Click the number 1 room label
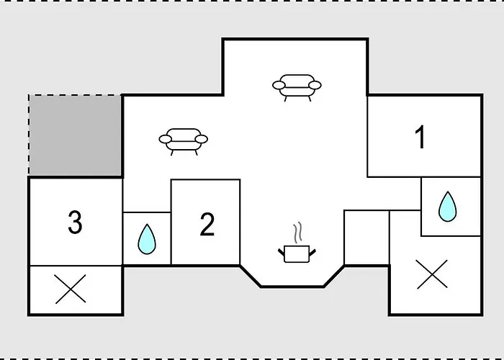click(x=420, y=137)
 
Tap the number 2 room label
click(x=207, y=225)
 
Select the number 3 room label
click(x=75, y=222)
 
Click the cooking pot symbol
click(x=297, y=254)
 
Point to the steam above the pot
click(x=298, y=231)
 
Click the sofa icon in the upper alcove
click(x=297, y=88)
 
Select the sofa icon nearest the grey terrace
click(x=183, y=142)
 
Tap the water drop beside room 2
click(x=147, y=239)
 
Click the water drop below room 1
click(x=447, y=207)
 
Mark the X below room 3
click(x=71, y=289)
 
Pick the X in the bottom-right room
click(x=432, y=274)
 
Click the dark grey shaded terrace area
click(x=75, y=135)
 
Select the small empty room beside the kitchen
click(x=366, y=238)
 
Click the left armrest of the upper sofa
click(x=279, y=85)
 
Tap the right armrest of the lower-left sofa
click(x=202, y=139)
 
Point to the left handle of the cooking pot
click(x=281, y=252)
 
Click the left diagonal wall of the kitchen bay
click(x=251, y=276)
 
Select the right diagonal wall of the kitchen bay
click(x=334, y=276)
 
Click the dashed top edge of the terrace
click(x=75, y=95)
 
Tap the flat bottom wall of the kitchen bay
click(x=292, y=287)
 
